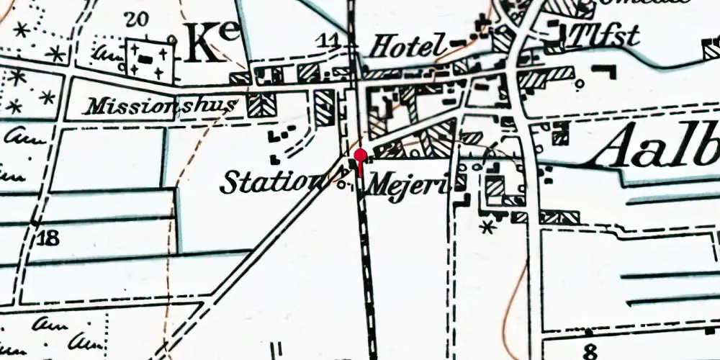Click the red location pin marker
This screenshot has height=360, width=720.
click(361, 156)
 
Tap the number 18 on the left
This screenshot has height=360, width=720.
click(48, 238)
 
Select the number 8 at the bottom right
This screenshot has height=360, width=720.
click(590, 351)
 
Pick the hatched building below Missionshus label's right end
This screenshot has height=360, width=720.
click(256, 104)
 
